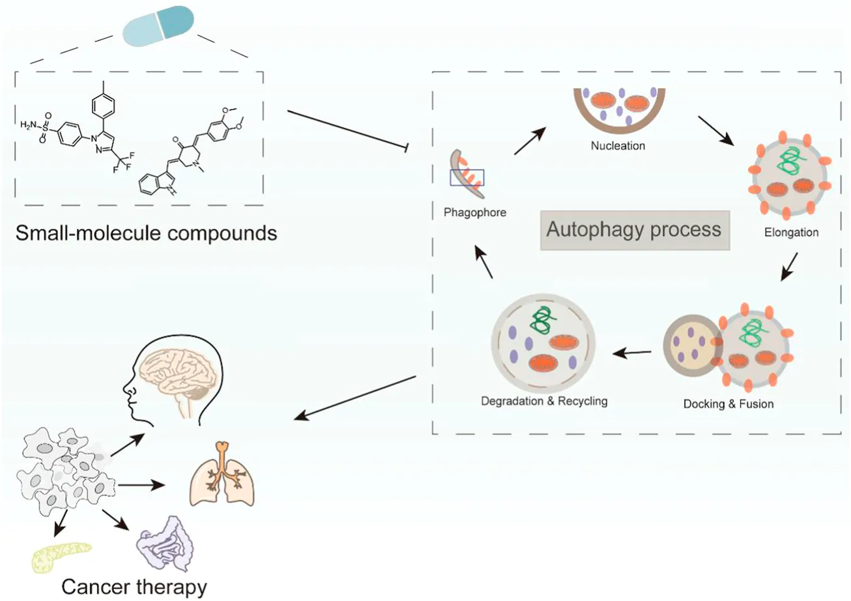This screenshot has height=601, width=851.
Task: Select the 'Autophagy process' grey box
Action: [x=633, y=230]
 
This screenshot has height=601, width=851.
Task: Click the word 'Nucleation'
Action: [x=618, y=145]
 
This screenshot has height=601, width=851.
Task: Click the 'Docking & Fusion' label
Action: [x=728, y=403]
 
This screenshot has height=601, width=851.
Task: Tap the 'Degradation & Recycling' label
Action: [x=543, y=401]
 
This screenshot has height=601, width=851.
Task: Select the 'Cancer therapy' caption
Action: [x=134, y=587]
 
